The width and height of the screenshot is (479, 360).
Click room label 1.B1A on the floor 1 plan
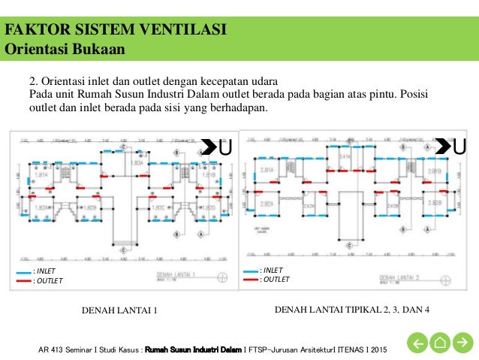coord(42,174)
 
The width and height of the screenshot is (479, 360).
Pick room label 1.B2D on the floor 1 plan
coord(208,207)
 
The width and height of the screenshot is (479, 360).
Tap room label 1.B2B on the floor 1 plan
coord(89,207)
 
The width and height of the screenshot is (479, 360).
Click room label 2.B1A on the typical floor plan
coord(265,171)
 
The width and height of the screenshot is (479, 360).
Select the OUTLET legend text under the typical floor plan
coord(276,280)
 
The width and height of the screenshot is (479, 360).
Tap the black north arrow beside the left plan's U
coord(209,146)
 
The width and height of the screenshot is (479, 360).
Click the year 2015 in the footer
coord(380,349)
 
